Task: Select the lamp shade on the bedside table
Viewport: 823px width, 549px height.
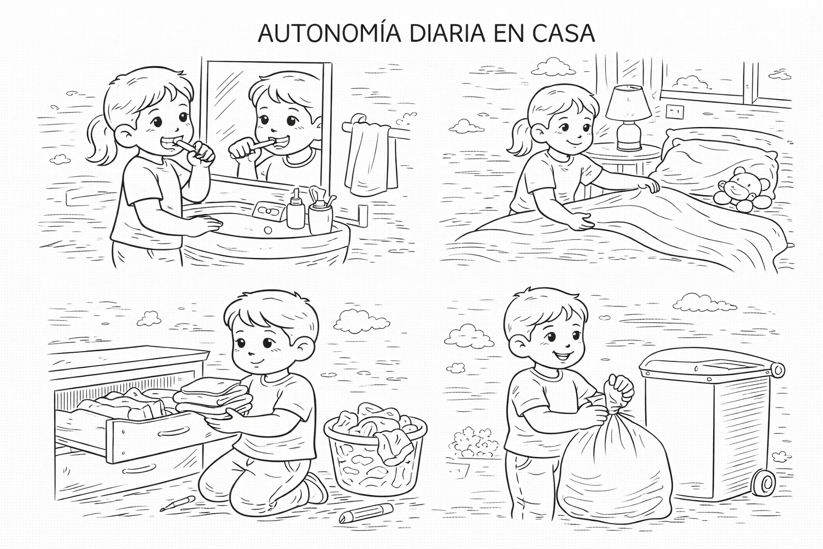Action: click(629, 103)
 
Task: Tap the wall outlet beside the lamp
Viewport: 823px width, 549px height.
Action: click(674, 112)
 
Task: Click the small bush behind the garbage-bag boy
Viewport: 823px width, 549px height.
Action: click(472, 442)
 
